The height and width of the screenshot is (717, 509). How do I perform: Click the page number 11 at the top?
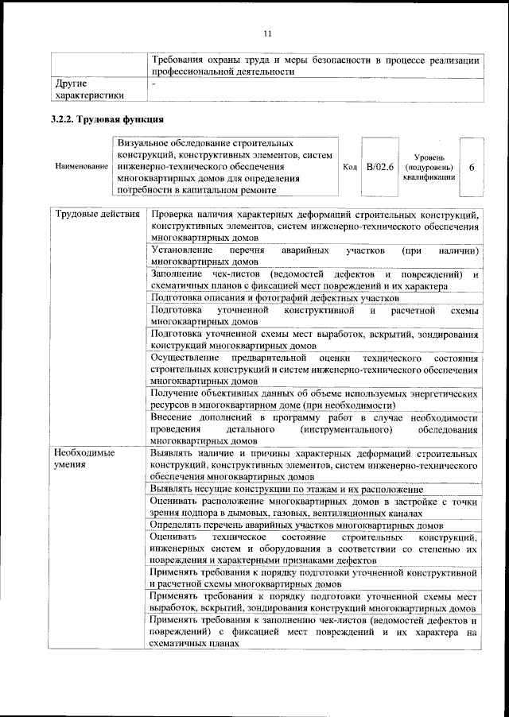267,33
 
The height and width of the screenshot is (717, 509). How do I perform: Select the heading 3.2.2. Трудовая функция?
107,120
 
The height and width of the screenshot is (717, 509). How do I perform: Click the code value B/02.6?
380,166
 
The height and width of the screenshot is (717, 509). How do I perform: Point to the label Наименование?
81,167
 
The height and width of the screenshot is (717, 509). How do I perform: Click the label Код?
349,167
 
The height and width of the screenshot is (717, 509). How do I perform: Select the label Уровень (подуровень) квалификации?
429,168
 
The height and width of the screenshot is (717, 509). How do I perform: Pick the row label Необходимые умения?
84,459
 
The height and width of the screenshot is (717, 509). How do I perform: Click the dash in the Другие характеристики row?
154,83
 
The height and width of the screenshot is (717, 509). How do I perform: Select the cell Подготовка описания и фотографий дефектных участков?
274,297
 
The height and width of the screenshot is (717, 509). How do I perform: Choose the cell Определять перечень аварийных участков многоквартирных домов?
297,525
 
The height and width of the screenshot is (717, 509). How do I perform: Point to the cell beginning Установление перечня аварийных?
314,255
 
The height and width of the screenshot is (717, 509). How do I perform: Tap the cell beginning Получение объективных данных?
314,399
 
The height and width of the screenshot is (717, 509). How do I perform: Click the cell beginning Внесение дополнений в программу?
314,429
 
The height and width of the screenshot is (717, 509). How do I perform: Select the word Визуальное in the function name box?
142,141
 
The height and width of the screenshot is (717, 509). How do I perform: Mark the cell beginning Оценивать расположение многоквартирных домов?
314,507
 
